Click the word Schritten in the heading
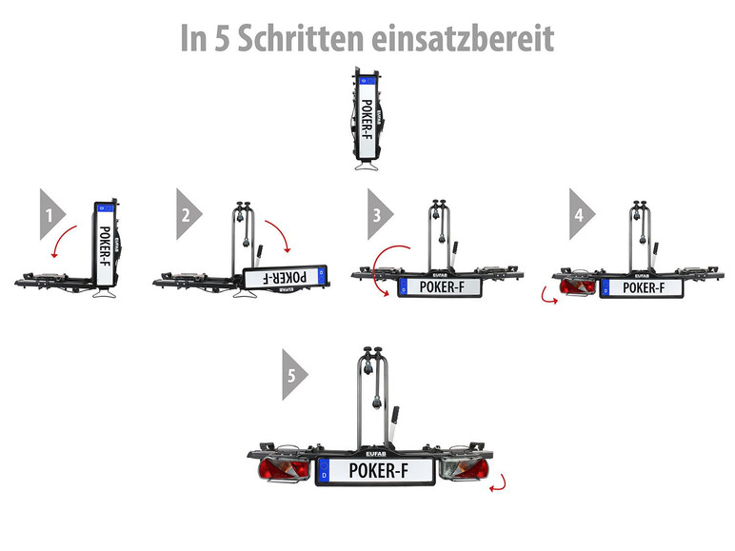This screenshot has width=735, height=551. pos(300,38)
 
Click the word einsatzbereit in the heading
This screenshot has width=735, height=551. pos(463,38)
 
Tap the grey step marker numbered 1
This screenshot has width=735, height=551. pos(52,214)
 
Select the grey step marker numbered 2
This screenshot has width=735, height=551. pos(189,214)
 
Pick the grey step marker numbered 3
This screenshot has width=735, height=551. pos(380,214)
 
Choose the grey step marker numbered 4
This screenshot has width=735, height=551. pos(582,214)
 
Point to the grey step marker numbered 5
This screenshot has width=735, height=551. pos(295,375)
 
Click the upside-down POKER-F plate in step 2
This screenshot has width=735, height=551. pos(286,277)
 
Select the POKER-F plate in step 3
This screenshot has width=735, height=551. pos(440,287)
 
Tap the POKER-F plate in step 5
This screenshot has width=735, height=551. pos(376,471)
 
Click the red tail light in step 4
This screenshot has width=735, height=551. pos(578,286)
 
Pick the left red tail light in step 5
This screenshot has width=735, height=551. pos(283,469)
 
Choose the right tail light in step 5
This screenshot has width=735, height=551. pos(464,469)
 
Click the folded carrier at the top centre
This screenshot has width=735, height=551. pos(367,119)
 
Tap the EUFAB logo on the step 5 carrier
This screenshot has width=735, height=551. pos(376,454)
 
